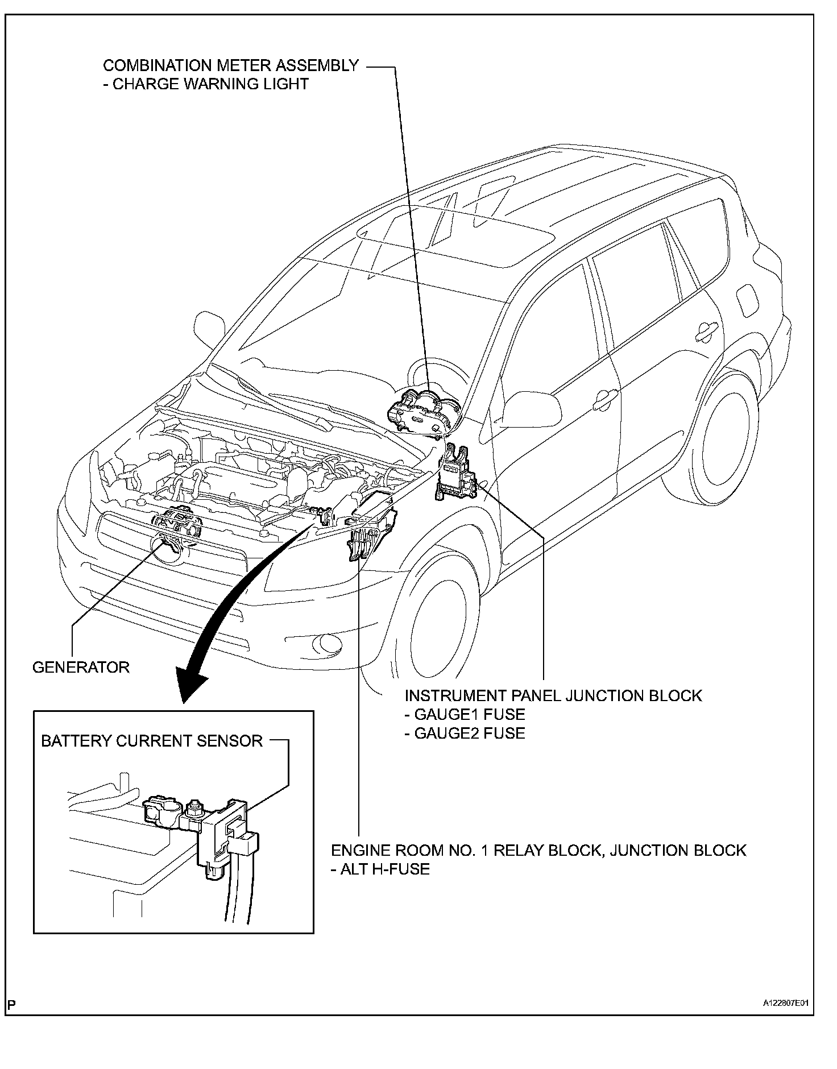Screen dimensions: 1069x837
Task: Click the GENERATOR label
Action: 81,667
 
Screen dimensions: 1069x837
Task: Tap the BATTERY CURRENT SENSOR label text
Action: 152,741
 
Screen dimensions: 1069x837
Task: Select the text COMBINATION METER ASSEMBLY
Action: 231,65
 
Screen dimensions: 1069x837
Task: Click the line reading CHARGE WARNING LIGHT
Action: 210,84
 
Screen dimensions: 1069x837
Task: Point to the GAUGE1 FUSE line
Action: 465,714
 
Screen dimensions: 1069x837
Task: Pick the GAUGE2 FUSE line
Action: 465,733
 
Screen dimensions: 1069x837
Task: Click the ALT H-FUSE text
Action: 380,869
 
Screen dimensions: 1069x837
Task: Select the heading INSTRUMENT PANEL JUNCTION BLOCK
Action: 553,695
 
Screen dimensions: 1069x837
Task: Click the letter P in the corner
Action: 11,1004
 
